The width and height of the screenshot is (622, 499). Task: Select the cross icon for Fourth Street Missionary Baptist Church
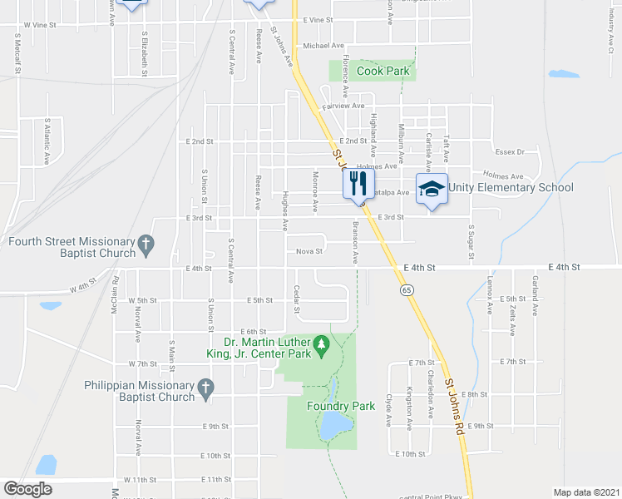(146, 243)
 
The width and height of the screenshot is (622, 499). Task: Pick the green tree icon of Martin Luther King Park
(321, 343)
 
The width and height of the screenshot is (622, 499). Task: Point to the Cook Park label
(383, 72)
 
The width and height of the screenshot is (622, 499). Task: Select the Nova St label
(309, 251)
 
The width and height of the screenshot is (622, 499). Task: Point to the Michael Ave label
(323, 46)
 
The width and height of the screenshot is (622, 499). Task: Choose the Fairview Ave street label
(343, 106)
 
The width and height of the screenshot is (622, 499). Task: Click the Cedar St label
(297, 298)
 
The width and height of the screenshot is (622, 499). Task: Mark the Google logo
(27, 489)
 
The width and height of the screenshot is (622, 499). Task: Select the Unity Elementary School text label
(511, 187)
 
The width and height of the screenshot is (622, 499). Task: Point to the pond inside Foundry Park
(333, 426)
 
